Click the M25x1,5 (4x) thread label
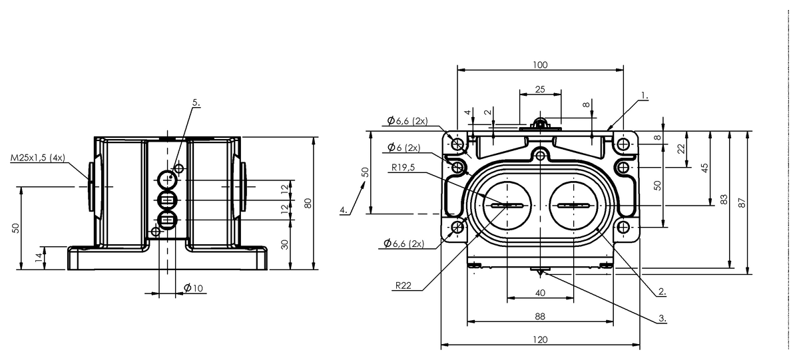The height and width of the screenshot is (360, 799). pyautogui.click(x=38, y=158)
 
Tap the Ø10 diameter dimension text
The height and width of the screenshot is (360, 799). pyautogui.click(x=193, y=287)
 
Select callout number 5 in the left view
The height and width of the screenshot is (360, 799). pyautogui.click(x=196, y=102)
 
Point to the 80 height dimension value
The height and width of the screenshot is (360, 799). pyautogui.click(x=308, y=203)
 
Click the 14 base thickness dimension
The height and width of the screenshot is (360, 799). pyautogui.click(x=39, y=258)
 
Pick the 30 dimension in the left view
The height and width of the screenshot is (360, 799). pyautogui.click(x=284, y=244)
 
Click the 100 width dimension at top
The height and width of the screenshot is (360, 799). pyautogui.click(x=540, y=65)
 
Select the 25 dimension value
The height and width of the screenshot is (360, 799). pyautogui.click(x=540, y=89)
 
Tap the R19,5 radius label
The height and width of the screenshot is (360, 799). pyautogui.click(x=403, y=167)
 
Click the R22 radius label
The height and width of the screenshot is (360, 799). pyautogui.click(x=403, y=285)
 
